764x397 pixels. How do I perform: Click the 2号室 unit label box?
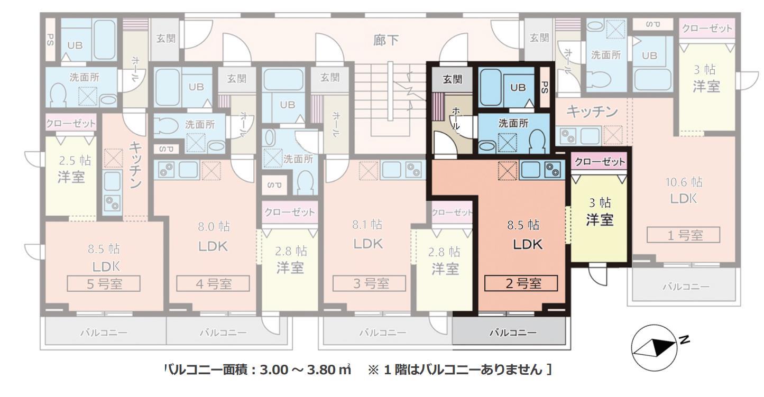521,283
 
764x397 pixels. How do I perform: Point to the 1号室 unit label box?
684,235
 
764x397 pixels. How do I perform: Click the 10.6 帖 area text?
684,182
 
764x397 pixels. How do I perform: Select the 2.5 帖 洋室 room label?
71,169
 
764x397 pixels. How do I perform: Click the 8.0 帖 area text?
214,227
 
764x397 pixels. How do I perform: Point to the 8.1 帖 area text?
369,225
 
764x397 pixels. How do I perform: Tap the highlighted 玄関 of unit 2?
452,79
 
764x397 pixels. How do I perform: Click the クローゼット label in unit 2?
600,162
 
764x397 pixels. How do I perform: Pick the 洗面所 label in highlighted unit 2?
513,124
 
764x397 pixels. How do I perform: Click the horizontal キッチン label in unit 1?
592,112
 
